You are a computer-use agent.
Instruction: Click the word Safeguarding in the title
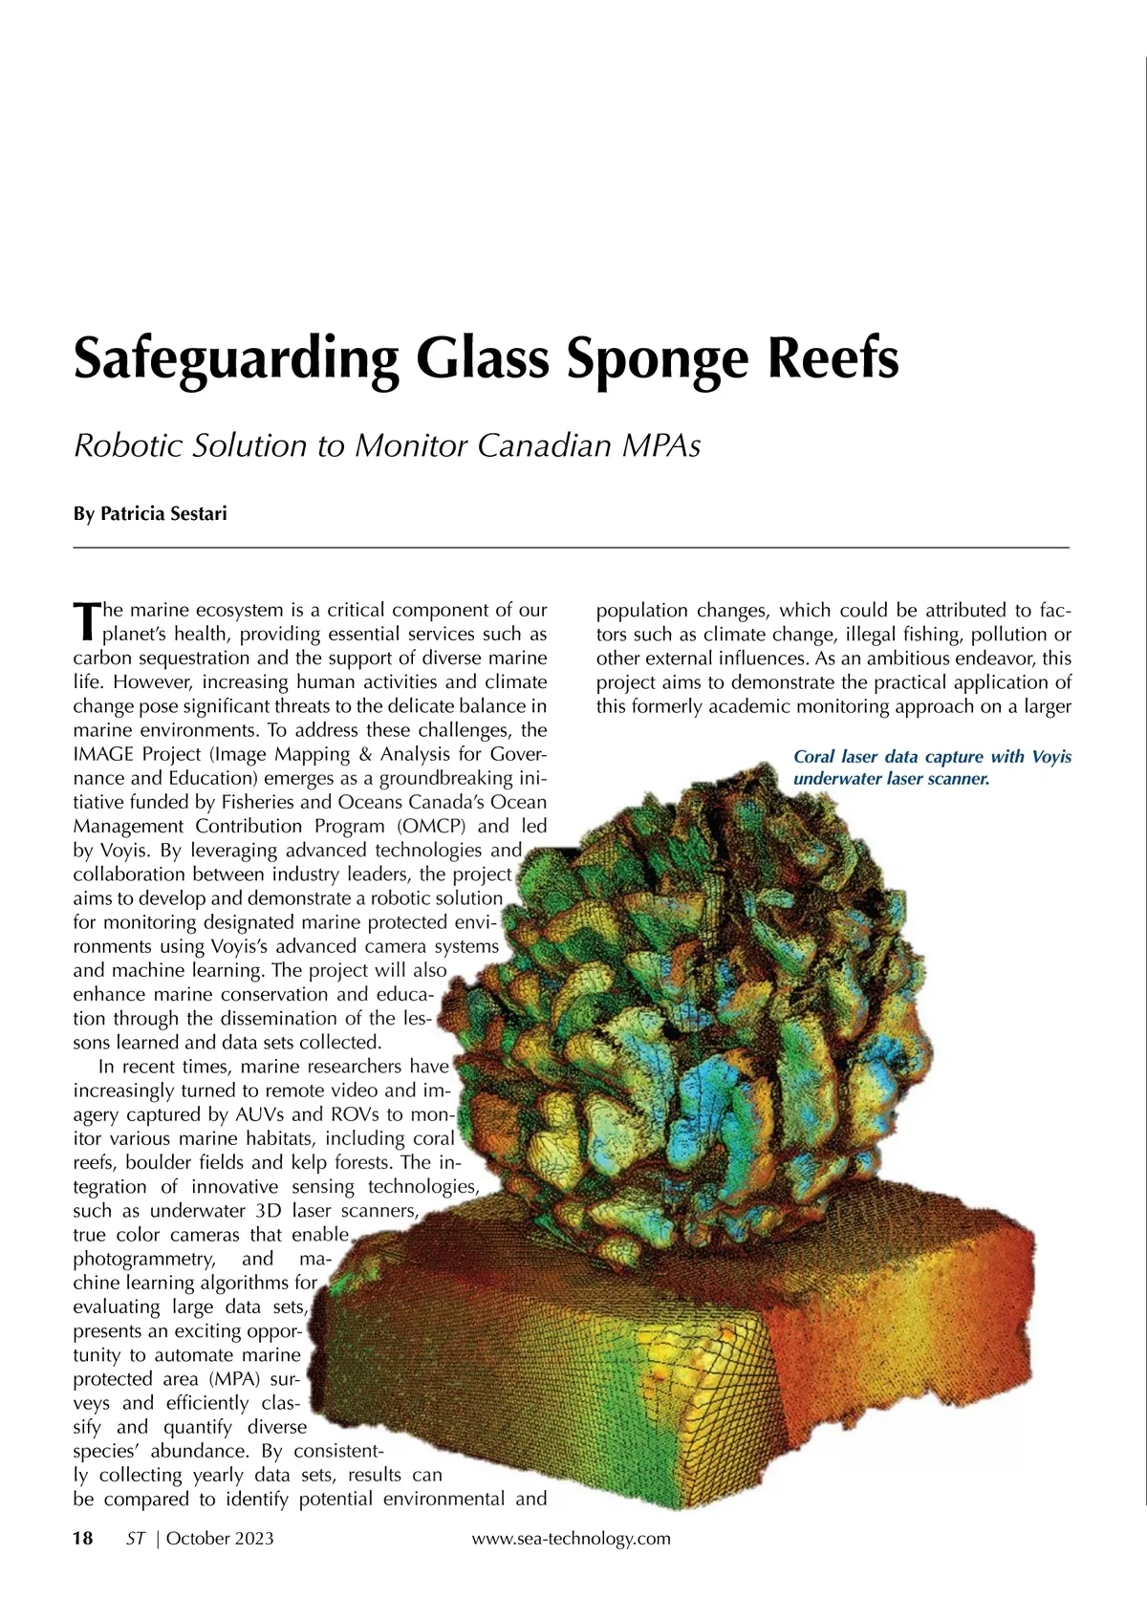tap(235, 359)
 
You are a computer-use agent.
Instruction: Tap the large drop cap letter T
tap(86, 620)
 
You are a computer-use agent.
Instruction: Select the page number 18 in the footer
tap(83, 1538)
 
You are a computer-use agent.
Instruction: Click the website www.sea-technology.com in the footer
tap(572, 1538)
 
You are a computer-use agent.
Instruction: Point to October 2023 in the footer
tap(220, 1538)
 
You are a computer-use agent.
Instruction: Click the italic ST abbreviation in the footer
tap(136, 1538)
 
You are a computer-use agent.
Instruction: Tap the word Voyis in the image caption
tap(1051, 757)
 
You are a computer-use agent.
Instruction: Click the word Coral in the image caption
tap(814, 757)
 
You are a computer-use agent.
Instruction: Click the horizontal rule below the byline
tap(571, 548)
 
